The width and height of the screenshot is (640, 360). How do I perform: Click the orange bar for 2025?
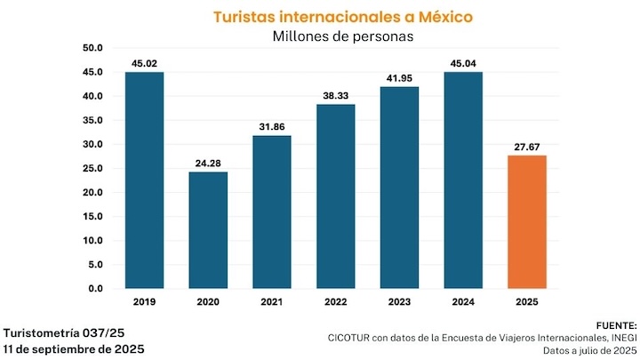point(526,222)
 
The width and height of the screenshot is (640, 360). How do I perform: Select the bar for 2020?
point(208,230)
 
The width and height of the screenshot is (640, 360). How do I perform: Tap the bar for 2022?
point(335,196)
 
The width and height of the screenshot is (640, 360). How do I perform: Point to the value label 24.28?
point(208,163)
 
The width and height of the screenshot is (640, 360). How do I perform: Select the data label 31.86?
point(272,126)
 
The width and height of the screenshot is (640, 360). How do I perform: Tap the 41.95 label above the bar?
point(399,78)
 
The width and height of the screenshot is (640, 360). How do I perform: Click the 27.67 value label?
point(526,147)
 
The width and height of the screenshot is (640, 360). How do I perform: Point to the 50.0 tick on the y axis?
point(92,48)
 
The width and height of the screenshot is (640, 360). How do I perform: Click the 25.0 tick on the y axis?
point(92,169)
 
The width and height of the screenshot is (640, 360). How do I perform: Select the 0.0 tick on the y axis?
point(95,289)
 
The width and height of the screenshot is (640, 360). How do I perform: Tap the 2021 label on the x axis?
point(272,302)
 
